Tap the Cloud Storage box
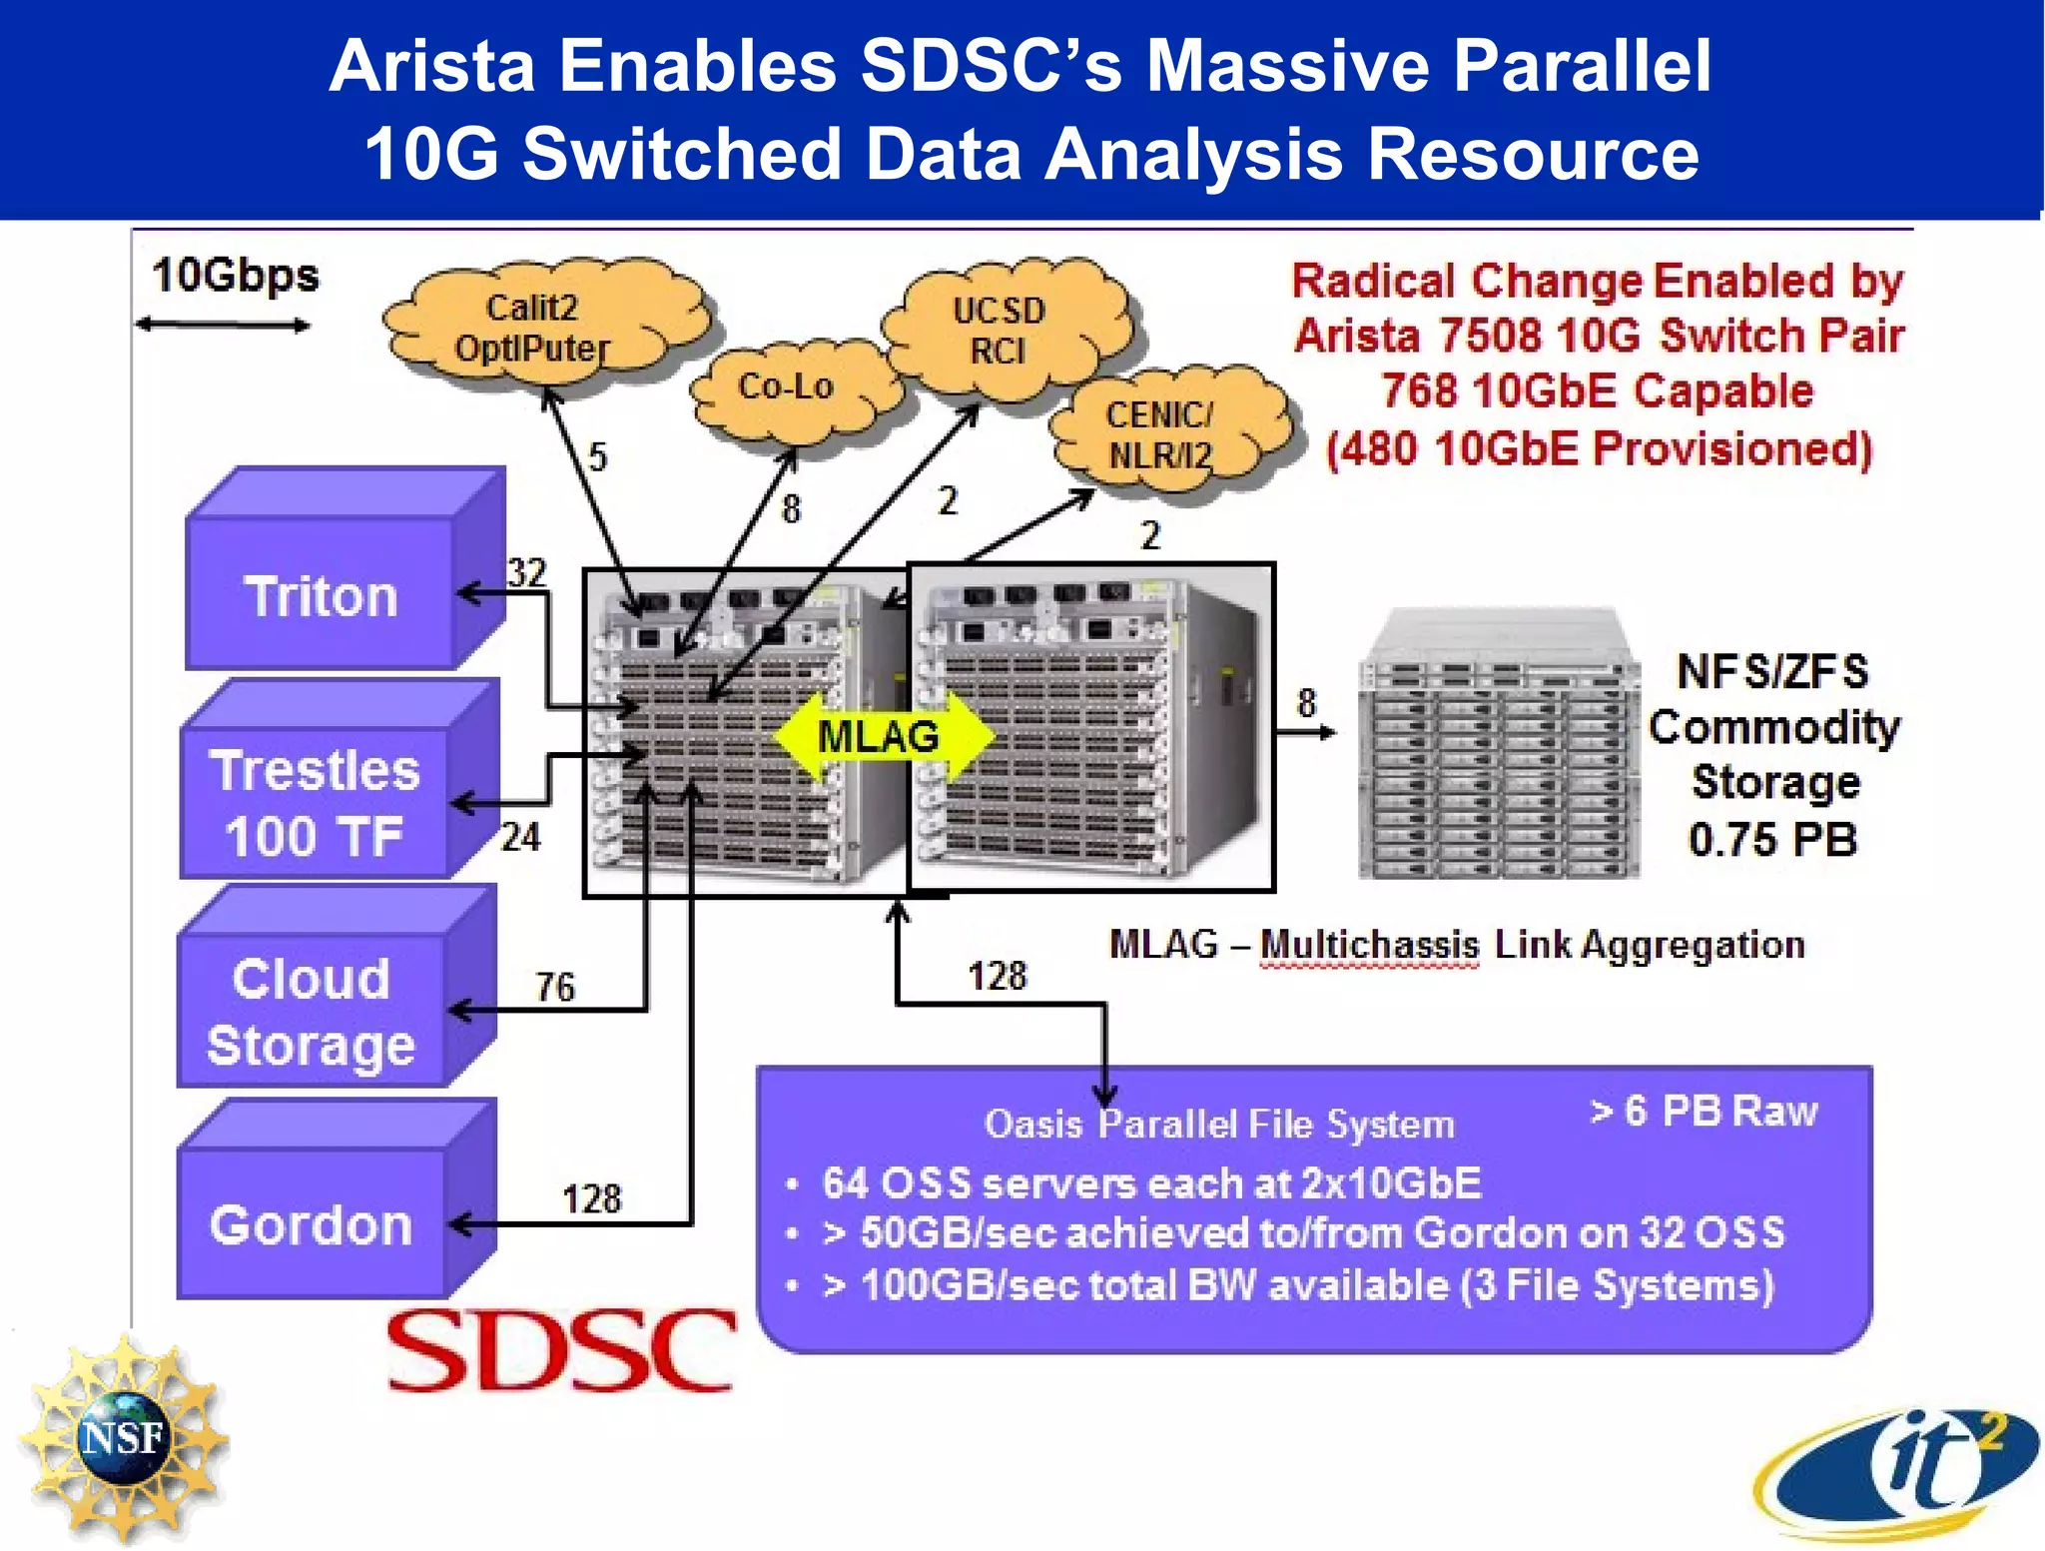tap(312, 1011)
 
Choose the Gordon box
tap(312, 1223)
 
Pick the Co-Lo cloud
tap(787, 388)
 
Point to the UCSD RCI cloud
tap(999, 331)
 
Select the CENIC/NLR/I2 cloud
tap(1160, 434)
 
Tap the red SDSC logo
tap(560, 1350)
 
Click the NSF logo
tap(122, 1438)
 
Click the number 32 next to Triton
tap(526, 572)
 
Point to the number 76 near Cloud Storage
tap(555, 987)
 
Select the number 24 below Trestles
tap(520, 837)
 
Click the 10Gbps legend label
tap(235, 276)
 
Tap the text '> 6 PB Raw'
tap(1704, 1111)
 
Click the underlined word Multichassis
tap(1369, 944)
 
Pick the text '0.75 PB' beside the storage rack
tap(1772, 839)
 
